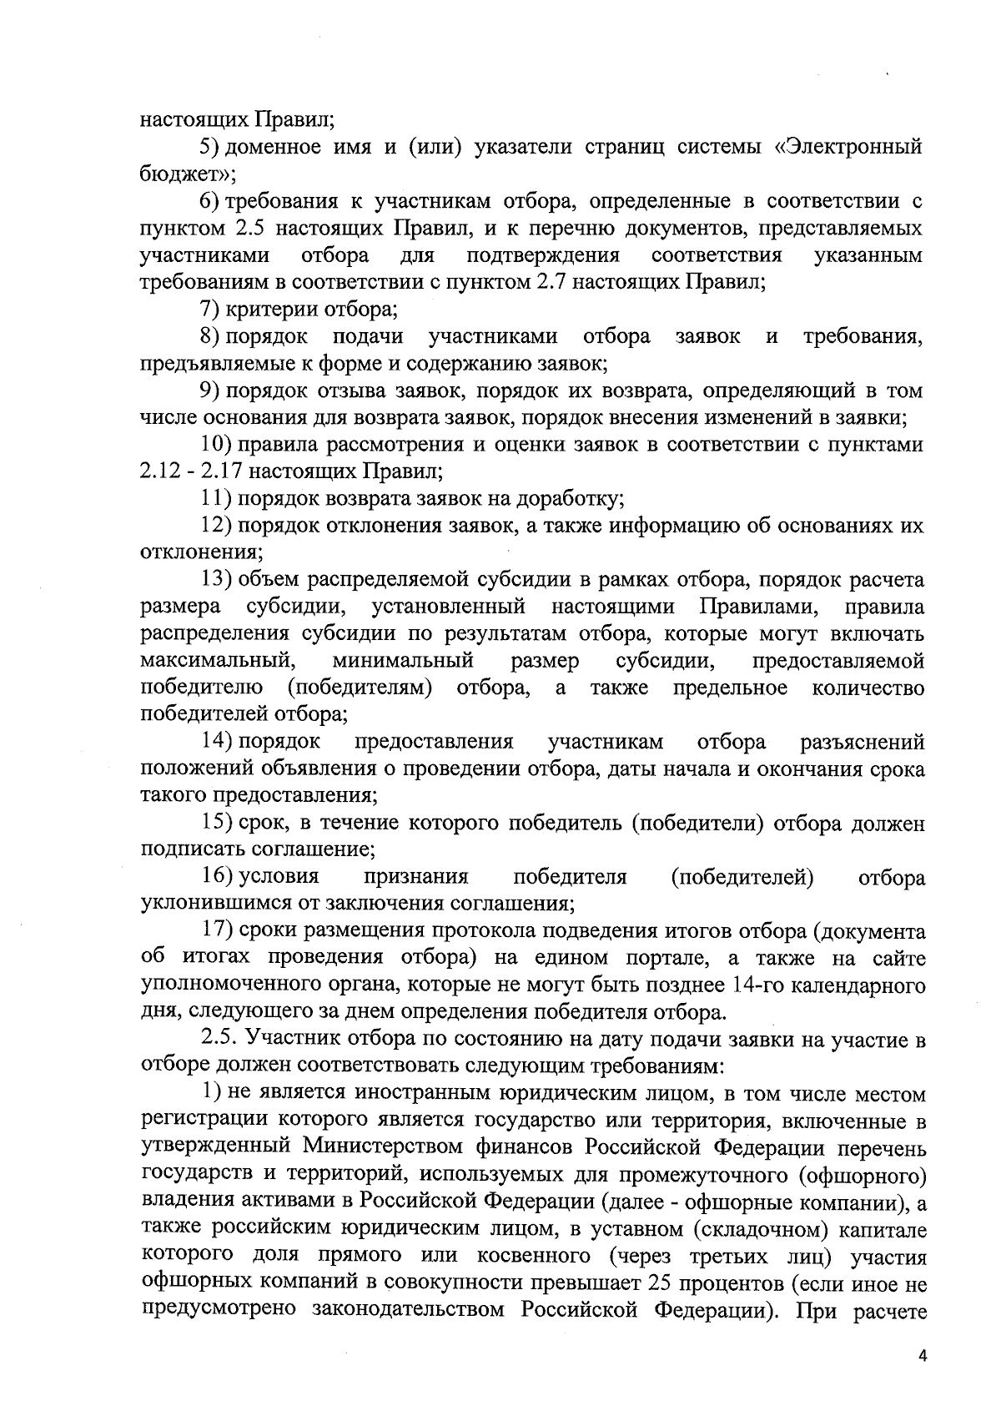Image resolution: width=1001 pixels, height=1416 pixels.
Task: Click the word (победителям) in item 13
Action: tap(360, 688)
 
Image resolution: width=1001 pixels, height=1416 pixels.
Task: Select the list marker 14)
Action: tap(216, 742)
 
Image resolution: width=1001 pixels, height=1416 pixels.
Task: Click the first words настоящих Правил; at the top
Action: tap(236, 119)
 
